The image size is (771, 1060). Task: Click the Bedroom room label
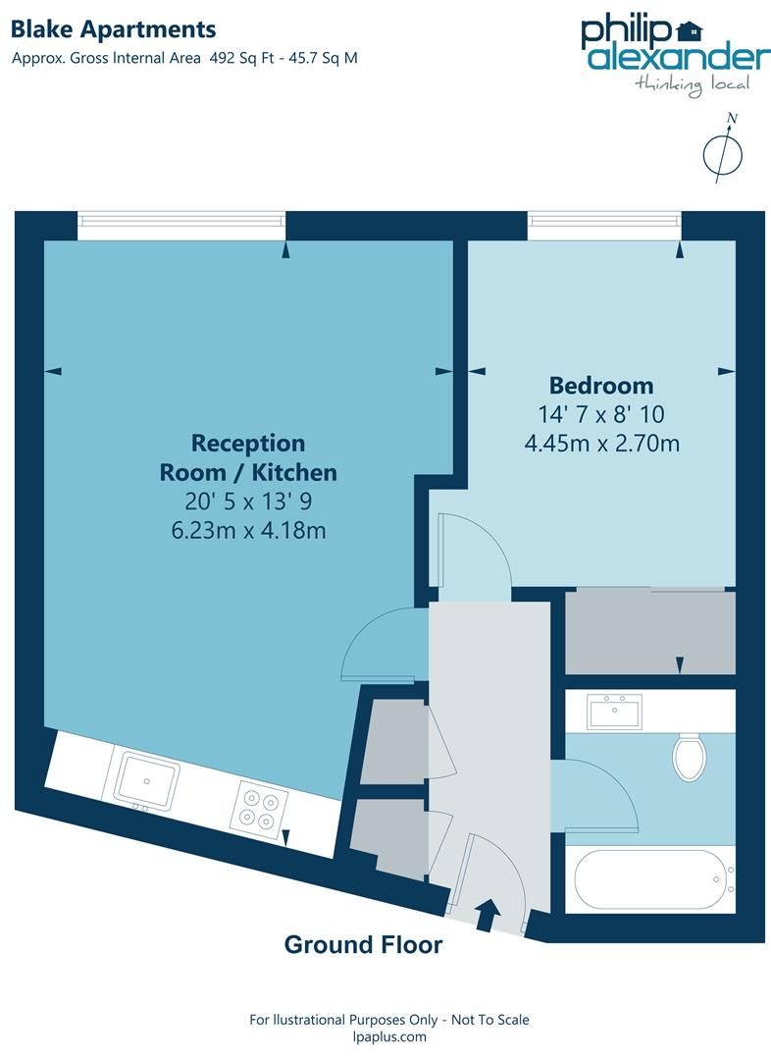pyautogui.click(x=600, y=385)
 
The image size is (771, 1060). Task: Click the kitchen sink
pyautogui.click(x=146, y=780)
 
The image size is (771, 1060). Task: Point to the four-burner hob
pyautogui.click(x=259, y=808)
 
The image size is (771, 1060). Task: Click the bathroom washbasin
pyautogui.click(x=614, y=712)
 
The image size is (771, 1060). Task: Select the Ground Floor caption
pyautogui.click(x=363, y=945)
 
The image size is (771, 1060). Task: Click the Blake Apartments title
pyautogui.click(x=114, y=30)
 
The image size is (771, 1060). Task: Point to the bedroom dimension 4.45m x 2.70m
pyautogui.click(x=602, y=443)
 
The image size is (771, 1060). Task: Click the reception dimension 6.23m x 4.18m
pyautogui.click(x=248, y=531)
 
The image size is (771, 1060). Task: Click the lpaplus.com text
pyautogui.click(x=388, y=1036)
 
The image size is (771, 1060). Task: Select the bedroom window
pyautogui.click(x=604, y=225)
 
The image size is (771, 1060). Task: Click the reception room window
pyautogui.click(x=182, y=225)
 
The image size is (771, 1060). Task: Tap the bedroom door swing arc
pyautogui.click(x=475, y=555)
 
